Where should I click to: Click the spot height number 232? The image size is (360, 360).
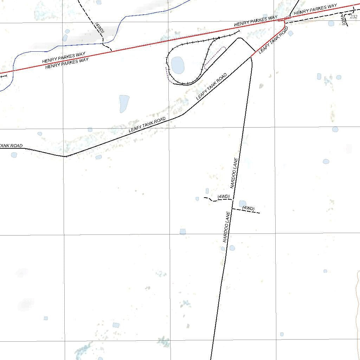(354, 17)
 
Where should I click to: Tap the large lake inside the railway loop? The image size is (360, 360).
(177, 65)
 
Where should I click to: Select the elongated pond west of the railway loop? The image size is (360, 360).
(124, 103)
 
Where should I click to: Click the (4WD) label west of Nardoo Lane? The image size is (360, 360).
(224, 196)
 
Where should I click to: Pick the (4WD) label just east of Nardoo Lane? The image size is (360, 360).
(248, 208)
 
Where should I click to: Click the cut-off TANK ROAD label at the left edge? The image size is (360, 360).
(11, 146)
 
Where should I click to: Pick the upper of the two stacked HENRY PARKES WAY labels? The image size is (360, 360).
(64, 58)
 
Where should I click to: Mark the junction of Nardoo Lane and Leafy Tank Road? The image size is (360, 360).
(251, 56)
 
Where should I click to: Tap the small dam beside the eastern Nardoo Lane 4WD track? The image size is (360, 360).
(243, 204)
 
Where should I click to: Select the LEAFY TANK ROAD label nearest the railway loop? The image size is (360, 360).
(212, 86)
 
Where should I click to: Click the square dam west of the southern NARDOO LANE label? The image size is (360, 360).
(183, 231)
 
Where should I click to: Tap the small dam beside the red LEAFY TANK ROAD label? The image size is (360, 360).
(290, 33)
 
